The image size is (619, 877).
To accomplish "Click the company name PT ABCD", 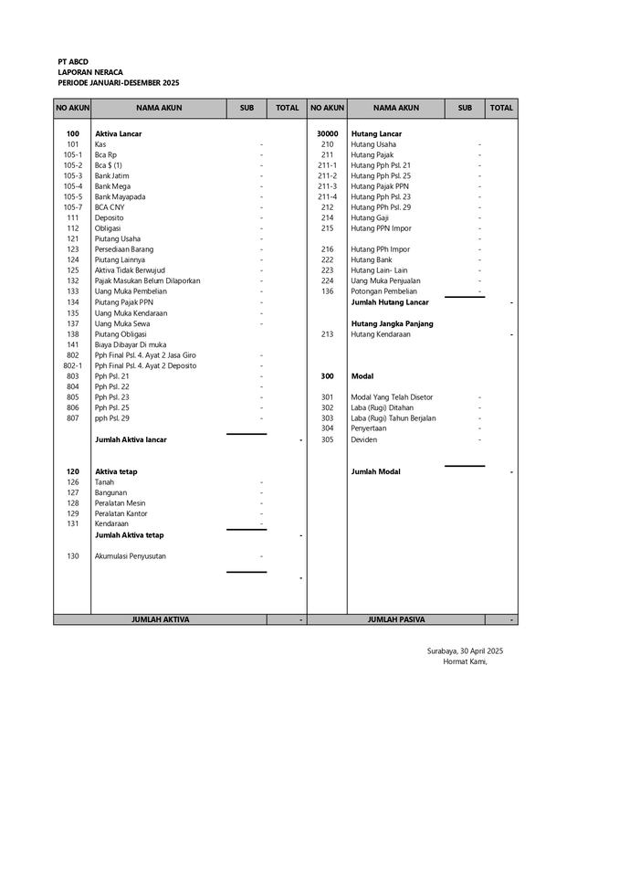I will point(72,61).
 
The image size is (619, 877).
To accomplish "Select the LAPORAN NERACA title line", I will point(89,71).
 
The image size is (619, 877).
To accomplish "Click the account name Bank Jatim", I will point(112,175).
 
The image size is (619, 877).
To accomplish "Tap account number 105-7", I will point(73,207).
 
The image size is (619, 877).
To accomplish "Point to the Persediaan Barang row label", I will point(124,249).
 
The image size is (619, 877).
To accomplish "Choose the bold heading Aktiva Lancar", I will point(119,133).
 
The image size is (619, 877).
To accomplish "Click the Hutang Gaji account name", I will point(370,217).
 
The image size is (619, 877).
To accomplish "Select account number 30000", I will point(328,133).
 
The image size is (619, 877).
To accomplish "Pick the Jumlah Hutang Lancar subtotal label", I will point(390,302).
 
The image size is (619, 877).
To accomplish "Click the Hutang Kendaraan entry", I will point(381,334).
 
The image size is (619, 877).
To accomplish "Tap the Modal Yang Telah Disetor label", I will point(392,397).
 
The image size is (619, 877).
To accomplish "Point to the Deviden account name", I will point(364,439).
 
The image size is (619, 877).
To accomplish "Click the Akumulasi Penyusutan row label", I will point(131,555).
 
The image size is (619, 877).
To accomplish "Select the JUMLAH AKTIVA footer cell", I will point(161,619).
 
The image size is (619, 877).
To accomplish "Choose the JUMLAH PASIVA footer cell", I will point(396,619).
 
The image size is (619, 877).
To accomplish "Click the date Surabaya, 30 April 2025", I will point(465,650).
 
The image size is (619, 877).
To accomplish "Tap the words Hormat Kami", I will point(465,661).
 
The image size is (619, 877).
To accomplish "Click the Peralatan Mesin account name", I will point(121,503).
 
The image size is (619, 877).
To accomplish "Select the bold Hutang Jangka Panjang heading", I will point(392,323).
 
